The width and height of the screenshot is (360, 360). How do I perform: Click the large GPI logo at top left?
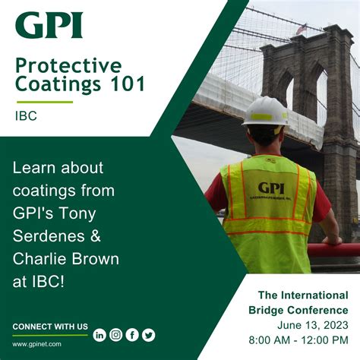49,25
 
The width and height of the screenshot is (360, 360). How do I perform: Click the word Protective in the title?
69,65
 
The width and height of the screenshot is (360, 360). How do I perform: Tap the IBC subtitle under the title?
27,118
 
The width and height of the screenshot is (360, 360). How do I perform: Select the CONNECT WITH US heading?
50,327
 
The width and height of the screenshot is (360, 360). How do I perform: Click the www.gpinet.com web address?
36,343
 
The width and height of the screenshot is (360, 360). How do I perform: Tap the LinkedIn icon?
99,335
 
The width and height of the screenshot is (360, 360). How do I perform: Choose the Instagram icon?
115,335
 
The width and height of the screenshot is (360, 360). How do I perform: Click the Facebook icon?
132,335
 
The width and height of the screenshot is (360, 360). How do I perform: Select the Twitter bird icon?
149,335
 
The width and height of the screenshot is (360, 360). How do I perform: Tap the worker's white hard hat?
265,111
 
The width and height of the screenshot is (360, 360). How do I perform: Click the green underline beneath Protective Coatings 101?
45,101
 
